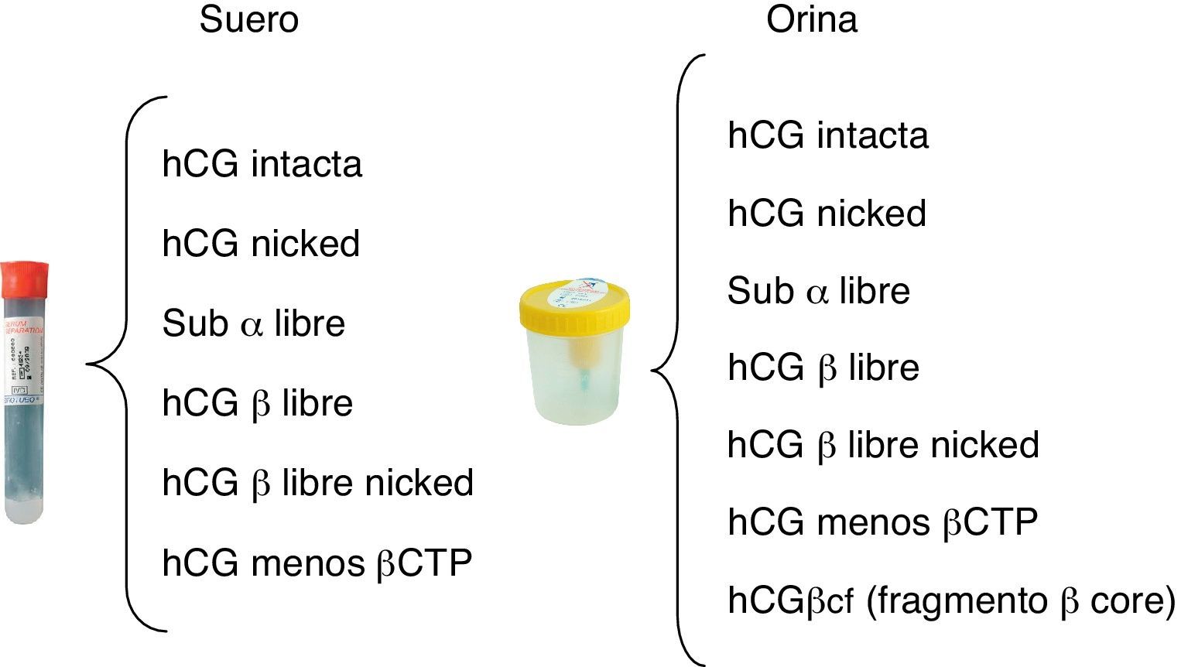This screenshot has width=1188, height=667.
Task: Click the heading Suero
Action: click(248, 19)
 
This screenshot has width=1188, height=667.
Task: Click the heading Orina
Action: click(811, 19)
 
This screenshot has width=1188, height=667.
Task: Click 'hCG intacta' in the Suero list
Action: click(262, 164)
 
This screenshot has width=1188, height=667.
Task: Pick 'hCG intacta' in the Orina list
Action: click(827, 135)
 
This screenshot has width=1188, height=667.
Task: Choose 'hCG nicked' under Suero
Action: click(261, 244)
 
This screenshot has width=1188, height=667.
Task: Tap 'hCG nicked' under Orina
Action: click(827, 213)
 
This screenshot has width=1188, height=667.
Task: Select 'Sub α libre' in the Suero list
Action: click(253, 323)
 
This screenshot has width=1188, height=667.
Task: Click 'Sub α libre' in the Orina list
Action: click(818, 291)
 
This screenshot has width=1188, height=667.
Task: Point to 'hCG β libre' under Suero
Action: click(257, 403)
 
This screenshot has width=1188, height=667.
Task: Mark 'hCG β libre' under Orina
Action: click(823, 367)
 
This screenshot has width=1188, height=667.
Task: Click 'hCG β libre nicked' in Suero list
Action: click(317, 483)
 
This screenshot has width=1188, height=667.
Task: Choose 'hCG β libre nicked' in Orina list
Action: click(883, 445)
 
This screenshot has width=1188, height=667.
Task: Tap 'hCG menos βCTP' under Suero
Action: click(317, 563)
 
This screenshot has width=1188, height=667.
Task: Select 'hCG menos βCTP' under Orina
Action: click(882, 522)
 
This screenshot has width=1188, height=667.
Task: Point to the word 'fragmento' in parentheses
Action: click(957, 601)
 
